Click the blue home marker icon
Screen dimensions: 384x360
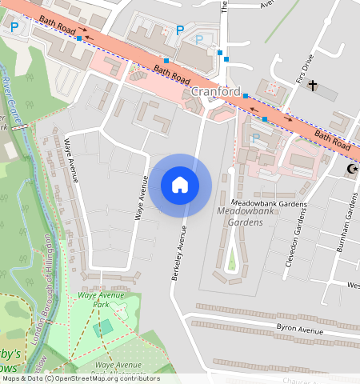pos(180,185)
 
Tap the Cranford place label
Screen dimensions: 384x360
pos(216,91)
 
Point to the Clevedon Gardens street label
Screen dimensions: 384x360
pos(295,241)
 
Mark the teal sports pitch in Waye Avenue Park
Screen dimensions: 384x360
pos(102,328)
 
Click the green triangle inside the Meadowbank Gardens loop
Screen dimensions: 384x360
pos(232,260)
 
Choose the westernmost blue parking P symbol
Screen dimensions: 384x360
pos(14,27)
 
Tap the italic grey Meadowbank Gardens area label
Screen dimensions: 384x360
pos(240,217)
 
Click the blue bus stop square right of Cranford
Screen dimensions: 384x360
pos(265,119)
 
